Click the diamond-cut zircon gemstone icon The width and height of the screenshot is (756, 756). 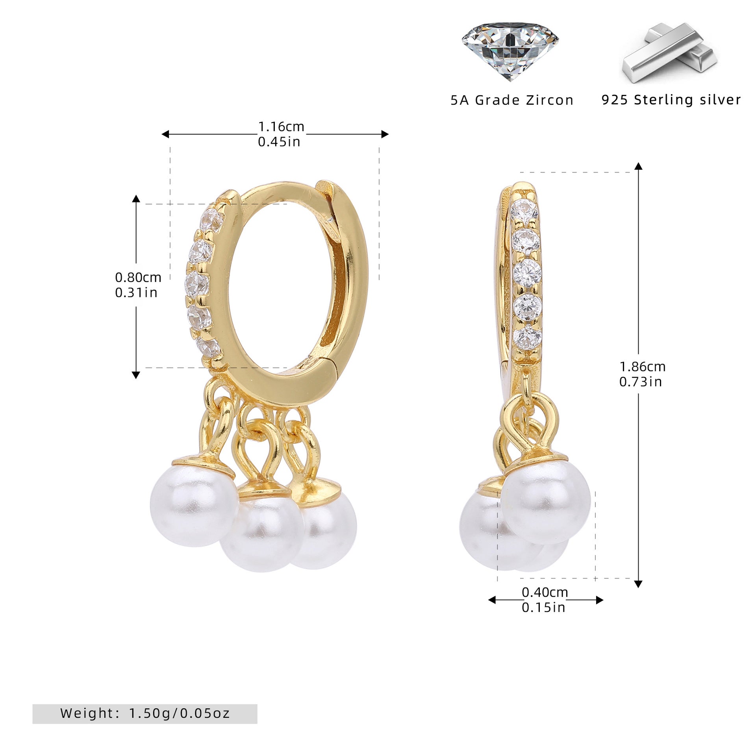click(x=510, y=52)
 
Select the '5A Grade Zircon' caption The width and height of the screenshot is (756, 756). click(x=512, y=100)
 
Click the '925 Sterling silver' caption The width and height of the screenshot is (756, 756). click(x=671, y=100)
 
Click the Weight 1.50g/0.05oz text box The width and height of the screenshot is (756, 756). click(x=145, y=713)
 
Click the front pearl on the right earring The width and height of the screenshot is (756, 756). click(x=546, y=502)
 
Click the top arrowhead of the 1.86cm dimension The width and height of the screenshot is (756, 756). click(x=639, y=166)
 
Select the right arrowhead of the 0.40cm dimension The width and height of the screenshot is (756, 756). click(x=600, y=600)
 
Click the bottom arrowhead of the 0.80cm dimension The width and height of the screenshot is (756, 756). click(x=136, y=375)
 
